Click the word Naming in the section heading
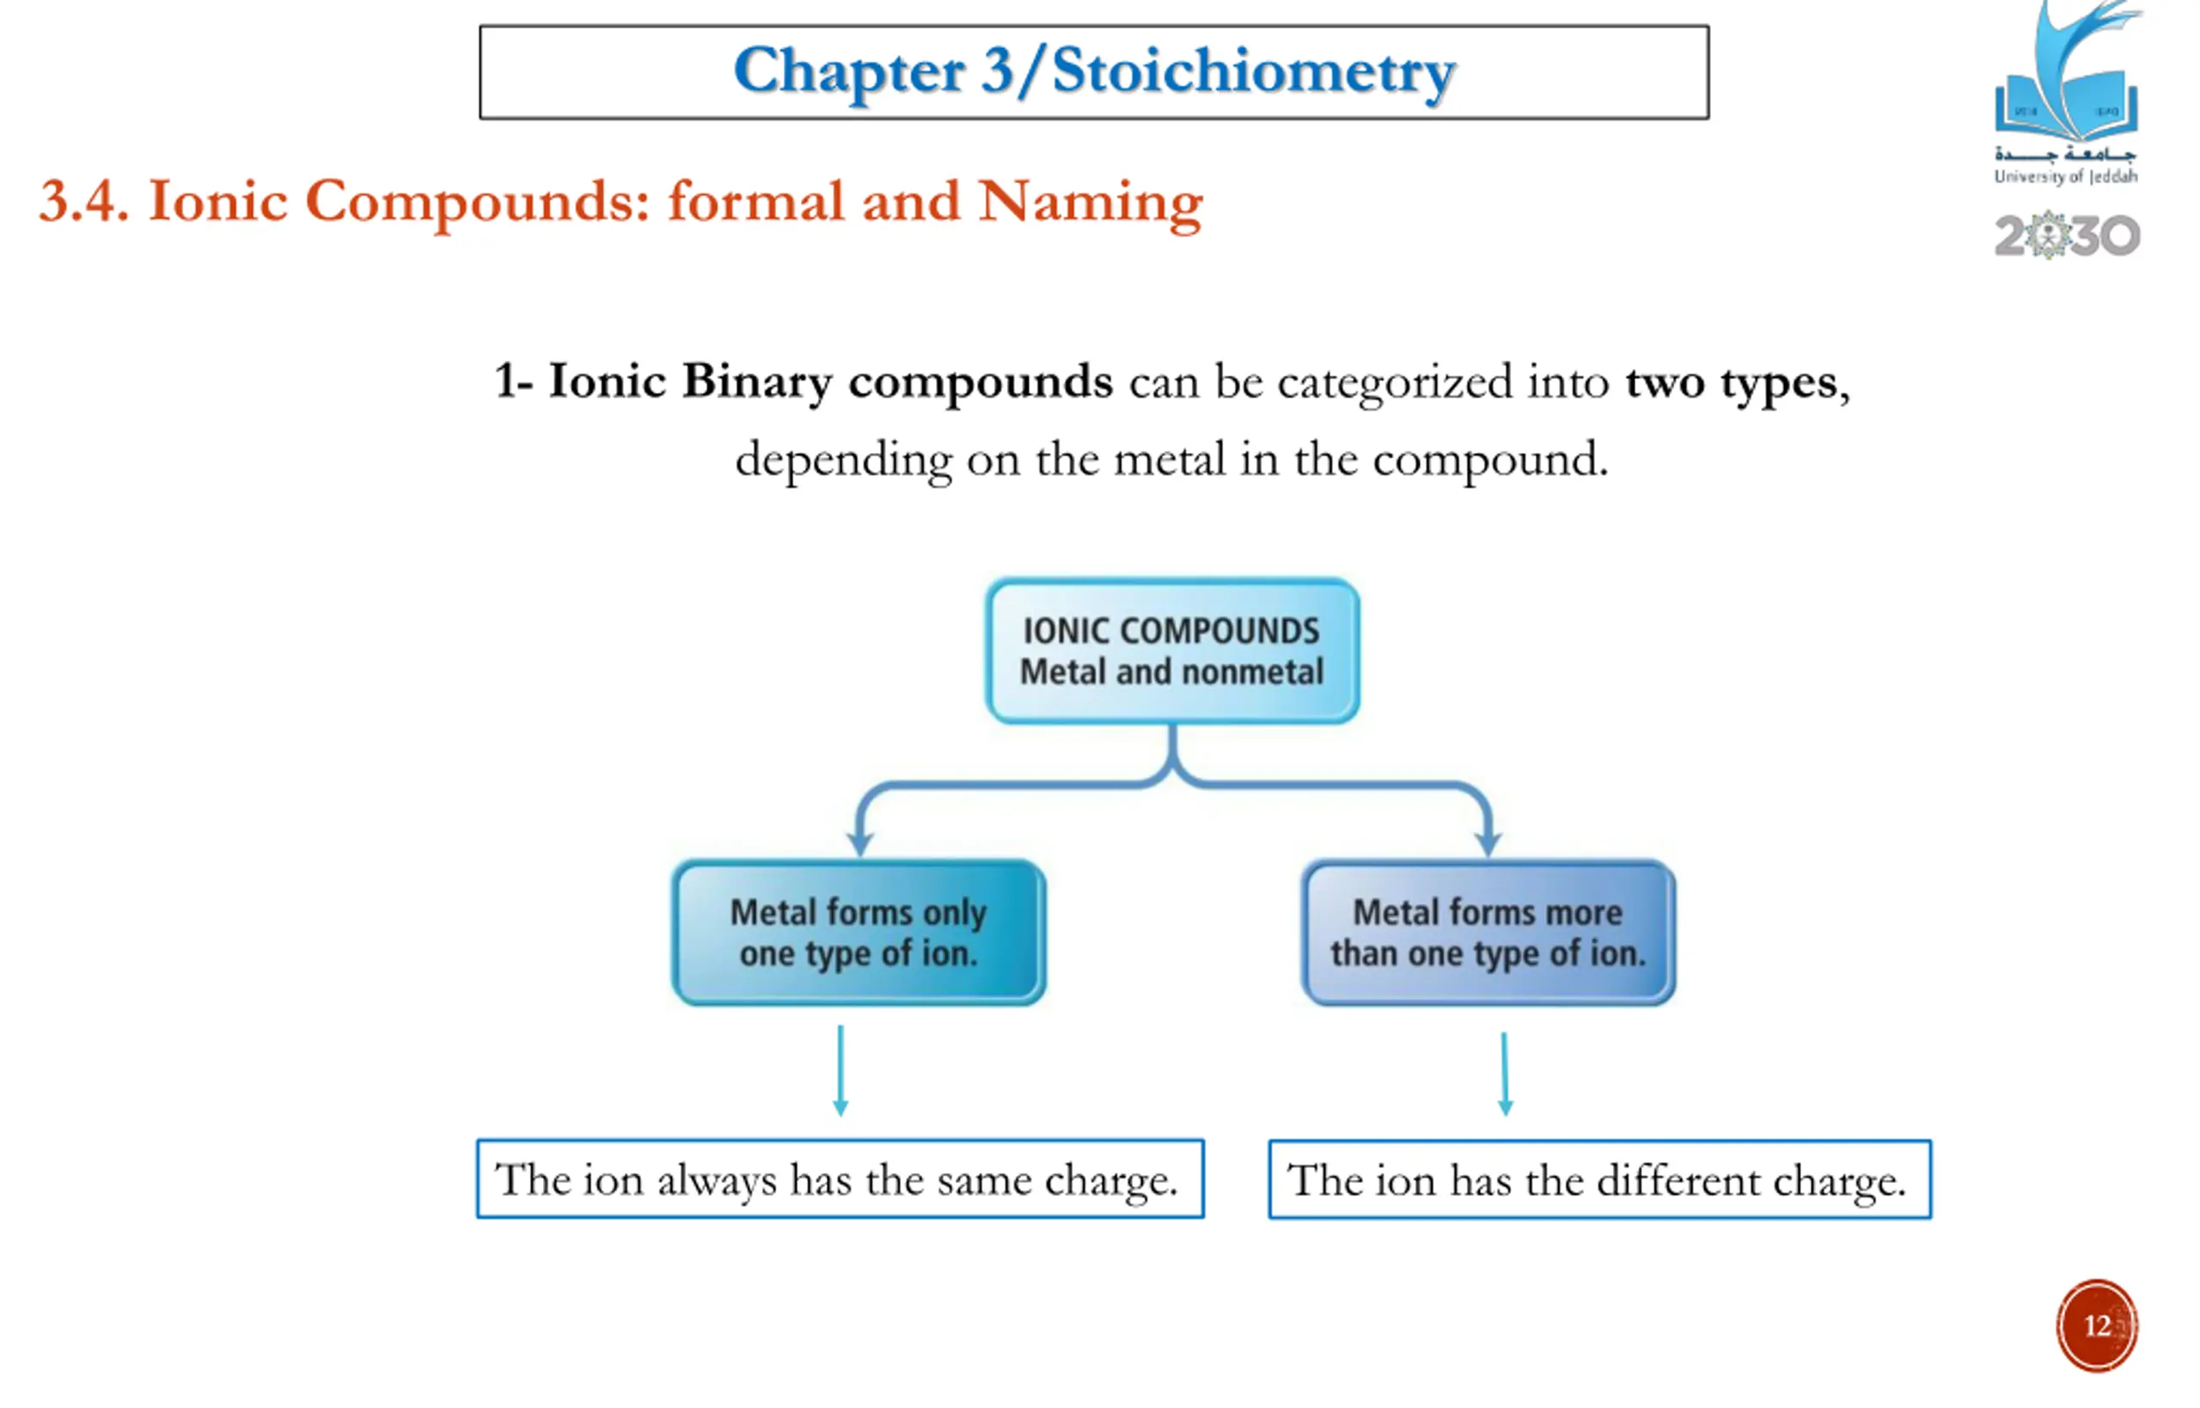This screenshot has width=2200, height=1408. (x=1090, y=201)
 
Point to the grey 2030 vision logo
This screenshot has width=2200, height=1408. (x=2068, y=236)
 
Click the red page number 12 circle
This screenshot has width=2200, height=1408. (x=2097, y=1325)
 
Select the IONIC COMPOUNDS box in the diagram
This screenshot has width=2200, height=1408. (x=1171, y=651)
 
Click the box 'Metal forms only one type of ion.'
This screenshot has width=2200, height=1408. (x=859, y=933)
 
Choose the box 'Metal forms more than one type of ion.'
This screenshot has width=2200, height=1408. (x=1488, y=933)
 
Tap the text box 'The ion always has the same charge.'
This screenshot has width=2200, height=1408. (x=840, y=1179)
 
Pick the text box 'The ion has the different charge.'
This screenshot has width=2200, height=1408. (x=1599, y=1180)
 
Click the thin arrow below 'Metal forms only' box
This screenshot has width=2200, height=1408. (x=840, y=1069)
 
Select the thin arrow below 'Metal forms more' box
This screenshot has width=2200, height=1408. (x=1506, y=1074)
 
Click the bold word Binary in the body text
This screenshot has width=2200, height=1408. (x=757, y=383)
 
